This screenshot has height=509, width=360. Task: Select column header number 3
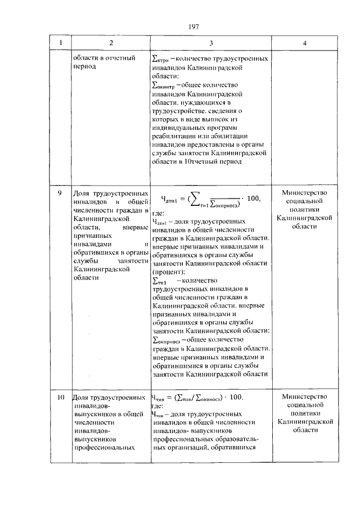(x=210, y=43)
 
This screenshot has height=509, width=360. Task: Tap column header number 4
(x=304, y=43)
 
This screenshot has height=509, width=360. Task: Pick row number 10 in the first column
(x=60, y=397)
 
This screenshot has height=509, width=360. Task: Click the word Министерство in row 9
(x=304, y=193)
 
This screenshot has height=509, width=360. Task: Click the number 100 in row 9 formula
(x=254, y=197)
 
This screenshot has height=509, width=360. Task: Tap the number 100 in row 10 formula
(x=235, y=397)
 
